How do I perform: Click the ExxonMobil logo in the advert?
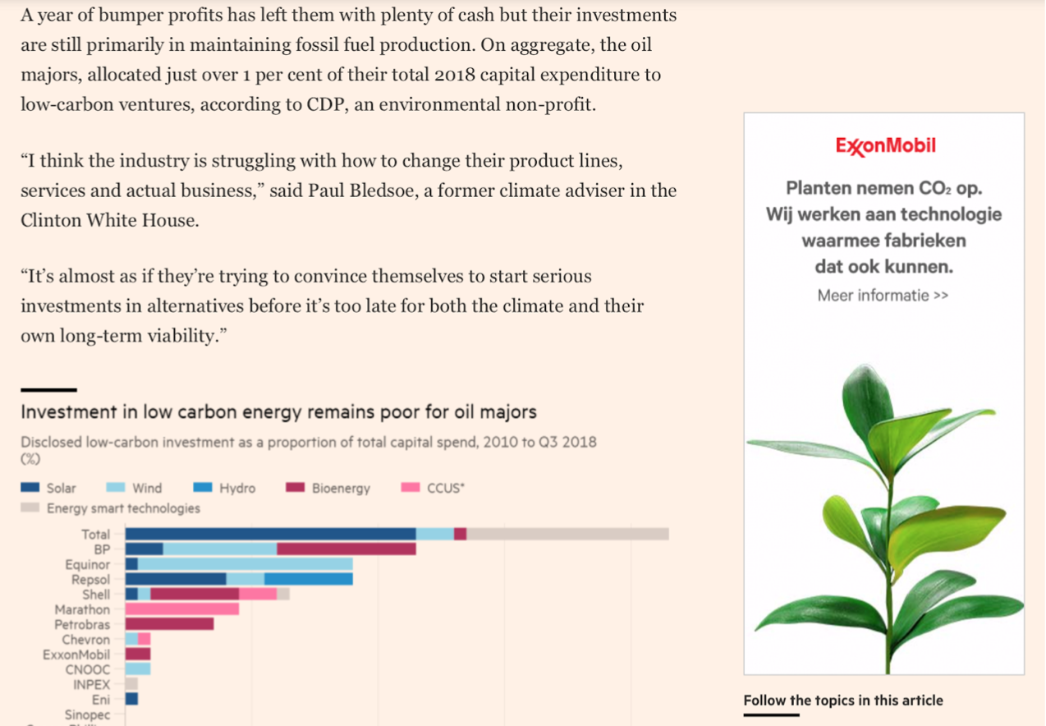click(885, 146)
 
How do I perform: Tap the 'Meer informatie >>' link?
click(883, 295)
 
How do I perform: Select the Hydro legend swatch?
click(203, 488)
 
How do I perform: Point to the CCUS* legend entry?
click(434, 488)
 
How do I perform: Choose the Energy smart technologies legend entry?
click(112, 508)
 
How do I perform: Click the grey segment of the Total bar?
click(567, 534)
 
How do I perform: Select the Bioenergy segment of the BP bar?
click(346, 549)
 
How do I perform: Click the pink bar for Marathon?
click(181, 609)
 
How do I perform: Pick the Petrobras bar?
click(169, 624)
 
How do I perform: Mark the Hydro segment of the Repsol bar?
click(308, 579)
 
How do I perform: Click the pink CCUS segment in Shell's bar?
click(258, 594)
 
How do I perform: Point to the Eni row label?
click(101, 700)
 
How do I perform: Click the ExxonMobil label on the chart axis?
click(76, 655)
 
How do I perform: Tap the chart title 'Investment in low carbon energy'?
click(278, 411)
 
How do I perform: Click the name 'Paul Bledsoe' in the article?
click(358, 191)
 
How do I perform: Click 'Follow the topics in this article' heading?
click(843, 701)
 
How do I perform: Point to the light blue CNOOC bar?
click(138, 669)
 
